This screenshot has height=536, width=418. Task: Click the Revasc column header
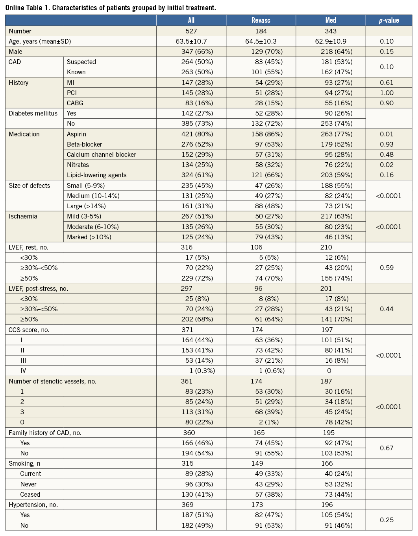tap(261, 20)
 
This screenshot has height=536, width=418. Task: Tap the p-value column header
tap(388, 20)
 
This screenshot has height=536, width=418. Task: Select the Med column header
tap(331, 20)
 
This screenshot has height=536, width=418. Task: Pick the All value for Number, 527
tap(191, 31)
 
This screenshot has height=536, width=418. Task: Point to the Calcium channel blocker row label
tap(101, 154)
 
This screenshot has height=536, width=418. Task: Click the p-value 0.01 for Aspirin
tap(387, 134)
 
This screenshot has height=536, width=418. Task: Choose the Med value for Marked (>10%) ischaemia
tap(337, 237)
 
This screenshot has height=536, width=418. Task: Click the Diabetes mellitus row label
tap(33, 113)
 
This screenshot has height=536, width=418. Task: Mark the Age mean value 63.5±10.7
tap(191, 41)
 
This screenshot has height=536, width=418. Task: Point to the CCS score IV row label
tap(23, 371)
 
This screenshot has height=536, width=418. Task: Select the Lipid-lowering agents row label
tap(96, 175)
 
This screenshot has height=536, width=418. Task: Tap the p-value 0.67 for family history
tap(387, 448)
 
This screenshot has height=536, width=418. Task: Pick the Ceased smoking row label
tap(30, 494)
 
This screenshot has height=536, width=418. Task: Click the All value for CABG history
tap(199, 103)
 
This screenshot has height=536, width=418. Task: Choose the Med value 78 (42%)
tap(337, 422)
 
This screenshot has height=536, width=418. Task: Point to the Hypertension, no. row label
tap(33, 505)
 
